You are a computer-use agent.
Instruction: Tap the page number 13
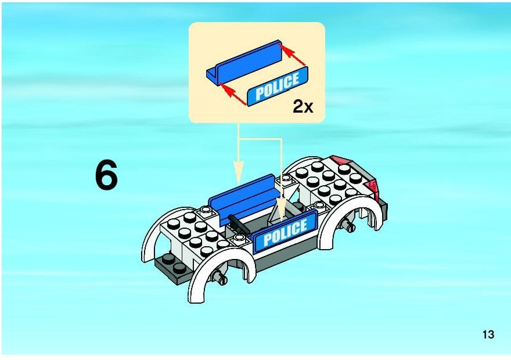click(488, 334)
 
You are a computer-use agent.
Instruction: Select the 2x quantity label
click(303, 106)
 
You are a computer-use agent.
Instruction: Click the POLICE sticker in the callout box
click(278, 86)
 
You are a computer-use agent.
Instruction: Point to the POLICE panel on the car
click(286, 231)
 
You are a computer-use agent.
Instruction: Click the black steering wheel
click(238, 224)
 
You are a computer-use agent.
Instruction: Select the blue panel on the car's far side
click(242, 198)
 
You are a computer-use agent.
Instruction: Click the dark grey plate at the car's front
click(172, 265)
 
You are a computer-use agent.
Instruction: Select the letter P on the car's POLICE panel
click(268, 239)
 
